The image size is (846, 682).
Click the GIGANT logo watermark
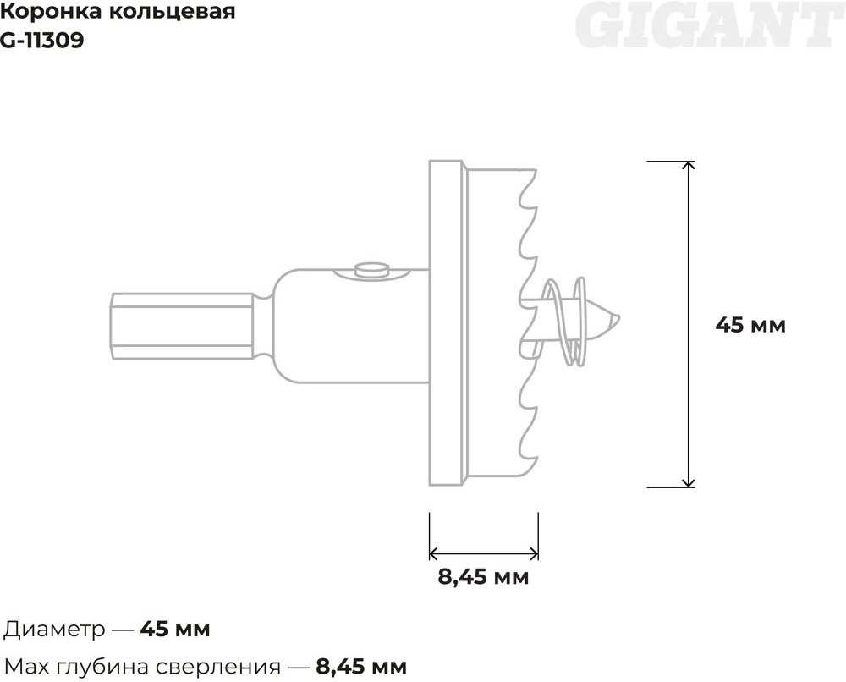click(710, 25)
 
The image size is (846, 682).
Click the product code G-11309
click(42, 40)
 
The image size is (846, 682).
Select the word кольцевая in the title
click(172, 12)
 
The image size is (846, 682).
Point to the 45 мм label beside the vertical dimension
click(750, 326)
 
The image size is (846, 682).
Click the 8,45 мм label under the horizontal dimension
click(483, 577)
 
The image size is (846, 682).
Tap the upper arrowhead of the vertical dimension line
click(688, 164)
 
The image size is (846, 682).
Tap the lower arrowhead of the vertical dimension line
click(688, 483)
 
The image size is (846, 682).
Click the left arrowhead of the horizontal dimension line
click(432, 553)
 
